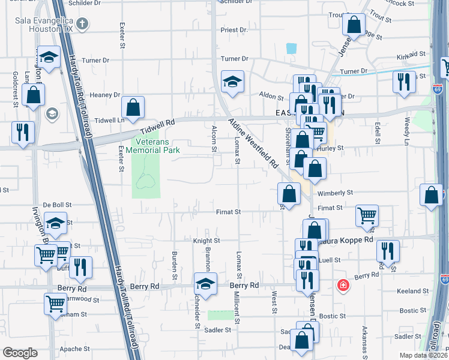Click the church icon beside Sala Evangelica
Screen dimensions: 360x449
83,24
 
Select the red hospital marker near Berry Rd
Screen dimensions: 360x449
343,285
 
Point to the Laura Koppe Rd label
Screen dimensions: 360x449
351,239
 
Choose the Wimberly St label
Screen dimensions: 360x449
335,193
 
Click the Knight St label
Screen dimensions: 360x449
206,241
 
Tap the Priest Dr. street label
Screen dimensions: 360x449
234,29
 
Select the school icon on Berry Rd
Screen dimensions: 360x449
205,284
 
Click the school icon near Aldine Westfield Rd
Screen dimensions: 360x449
232,82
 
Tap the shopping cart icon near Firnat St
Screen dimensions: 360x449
367,215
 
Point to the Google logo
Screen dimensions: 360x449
20,352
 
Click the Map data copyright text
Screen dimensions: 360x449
424,355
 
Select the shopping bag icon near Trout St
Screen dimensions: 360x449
354,25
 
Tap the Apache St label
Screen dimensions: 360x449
74,349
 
